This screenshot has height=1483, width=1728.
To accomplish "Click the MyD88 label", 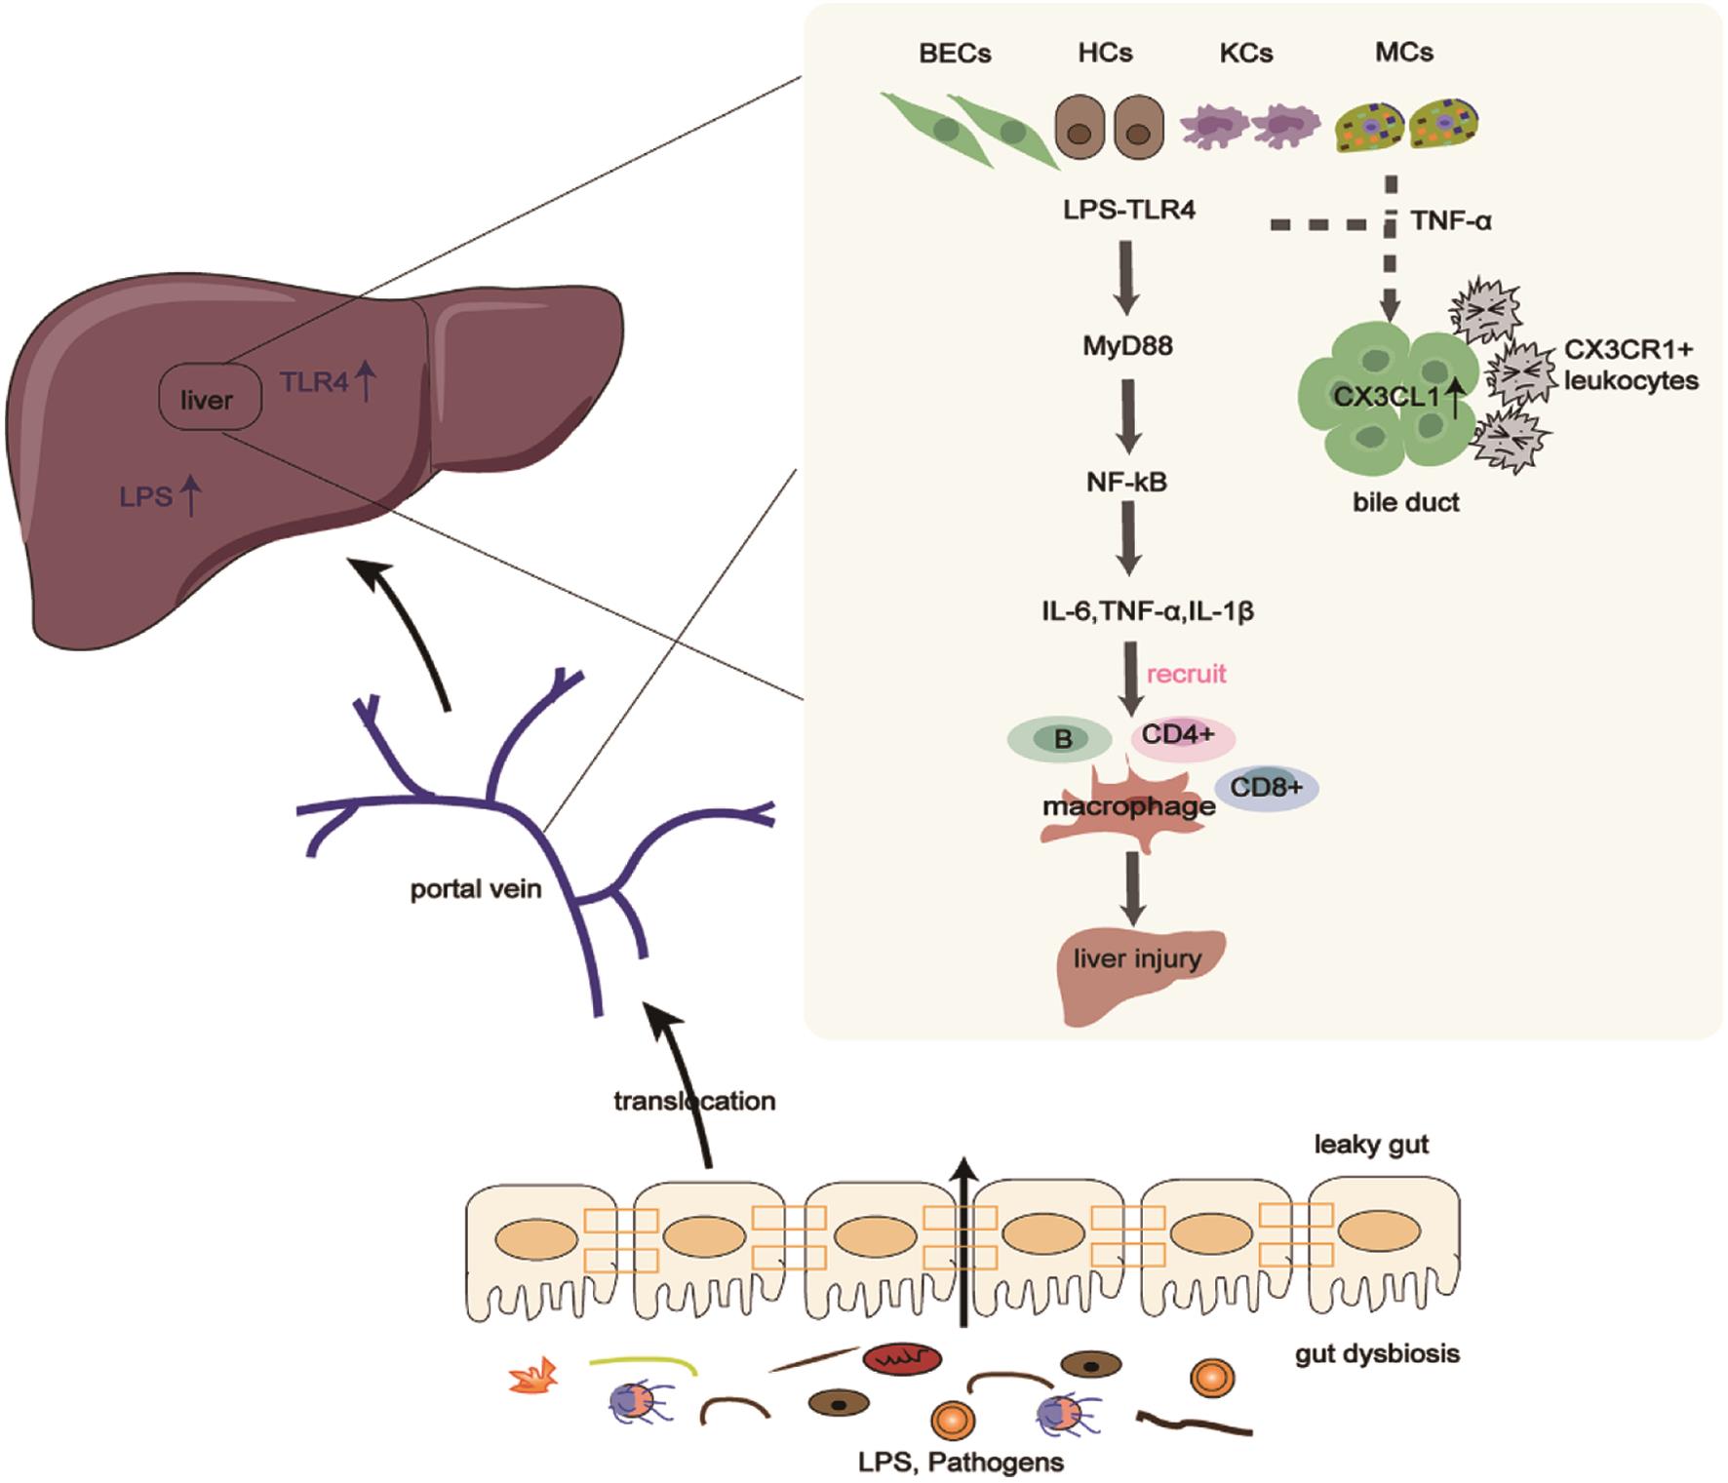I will [1127, 345].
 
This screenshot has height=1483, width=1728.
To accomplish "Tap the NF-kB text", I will [1127, 482].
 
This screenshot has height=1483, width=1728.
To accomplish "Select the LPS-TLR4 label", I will [1128, 210].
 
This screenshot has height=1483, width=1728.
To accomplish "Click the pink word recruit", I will [1186, 674].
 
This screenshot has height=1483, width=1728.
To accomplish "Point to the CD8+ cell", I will [1266, 787].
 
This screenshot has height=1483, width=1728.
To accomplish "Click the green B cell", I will [1060, 739].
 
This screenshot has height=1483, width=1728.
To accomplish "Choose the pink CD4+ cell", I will [1181, 735].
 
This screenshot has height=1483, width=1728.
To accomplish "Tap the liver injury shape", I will [1137, 965].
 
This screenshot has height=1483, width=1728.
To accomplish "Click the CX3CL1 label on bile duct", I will [1386, 397].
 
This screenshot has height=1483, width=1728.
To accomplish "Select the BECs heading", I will [955, 54].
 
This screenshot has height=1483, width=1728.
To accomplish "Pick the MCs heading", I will [1403, 53].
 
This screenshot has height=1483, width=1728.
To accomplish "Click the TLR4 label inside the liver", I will [315, 382].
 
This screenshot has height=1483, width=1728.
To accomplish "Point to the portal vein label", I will [475, 889].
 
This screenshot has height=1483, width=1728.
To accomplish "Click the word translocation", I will [694, 1101].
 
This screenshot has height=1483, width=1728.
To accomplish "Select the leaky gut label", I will [1370, 1144].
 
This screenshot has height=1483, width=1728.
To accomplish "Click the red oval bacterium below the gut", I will [902, 1356].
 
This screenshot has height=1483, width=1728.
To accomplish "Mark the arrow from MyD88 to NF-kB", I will [1128, 414].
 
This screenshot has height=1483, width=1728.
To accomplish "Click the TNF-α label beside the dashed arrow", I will [1450, 221].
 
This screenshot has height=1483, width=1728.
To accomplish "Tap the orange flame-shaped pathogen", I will [532, 1377].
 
